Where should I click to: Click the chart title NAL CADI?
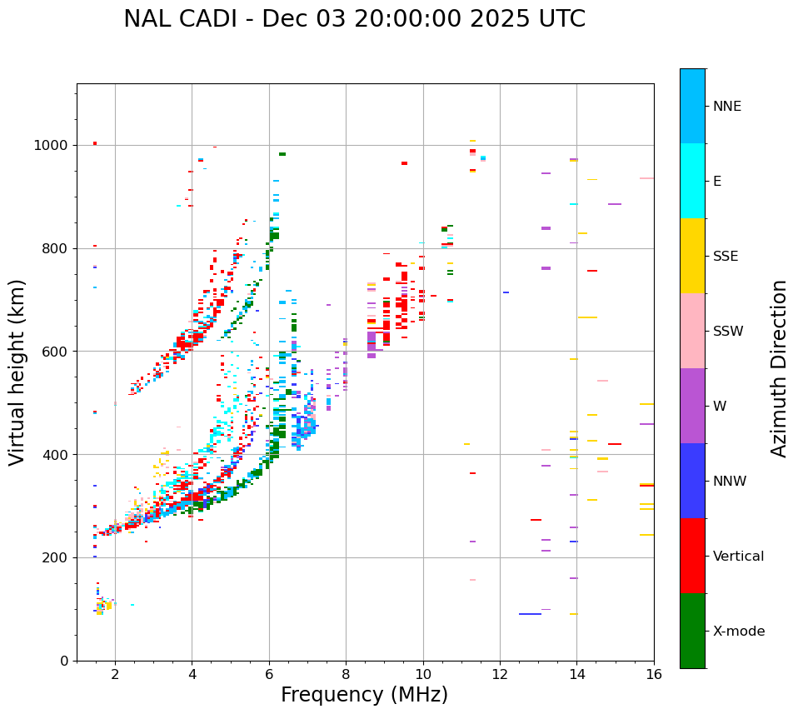(x=354, y=19)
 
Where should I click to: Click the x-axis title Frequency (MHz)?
(x=364, y=695)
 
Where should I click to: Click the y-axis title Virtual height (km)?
(x=17, y=372)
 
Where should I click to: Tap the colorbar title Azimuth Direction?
(x=779, y=368)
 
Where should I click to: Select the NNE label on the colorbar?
(x=726, y=107)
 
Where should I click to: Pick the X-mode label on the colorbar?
(x=738, y=632)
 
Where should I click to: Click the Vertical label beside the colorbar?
(x=738, y=557)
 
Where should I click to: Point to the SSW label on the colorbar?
(x=728, y=332)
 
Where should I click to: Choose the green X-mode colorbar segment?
(x=692, y=631)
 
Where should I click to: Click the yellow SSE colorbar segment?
(x=692, y=256)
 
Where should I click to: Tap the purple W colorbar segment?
(x=692, y=406)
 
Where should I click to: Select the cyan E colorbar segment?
(x=692, y=181)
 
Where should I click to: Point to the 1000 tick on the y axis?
(x=52, y=145)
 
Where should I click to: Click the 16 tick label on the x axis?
(x=654, y=674)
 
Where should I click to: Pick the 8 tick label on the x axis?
(x=346, y=674)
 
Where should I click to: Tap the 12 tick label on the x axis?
(x=500, y=674)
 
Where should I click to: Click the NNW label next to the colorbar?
(x=730, y=482)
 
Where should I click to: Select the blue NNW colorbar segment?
(x=692, y=481)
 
